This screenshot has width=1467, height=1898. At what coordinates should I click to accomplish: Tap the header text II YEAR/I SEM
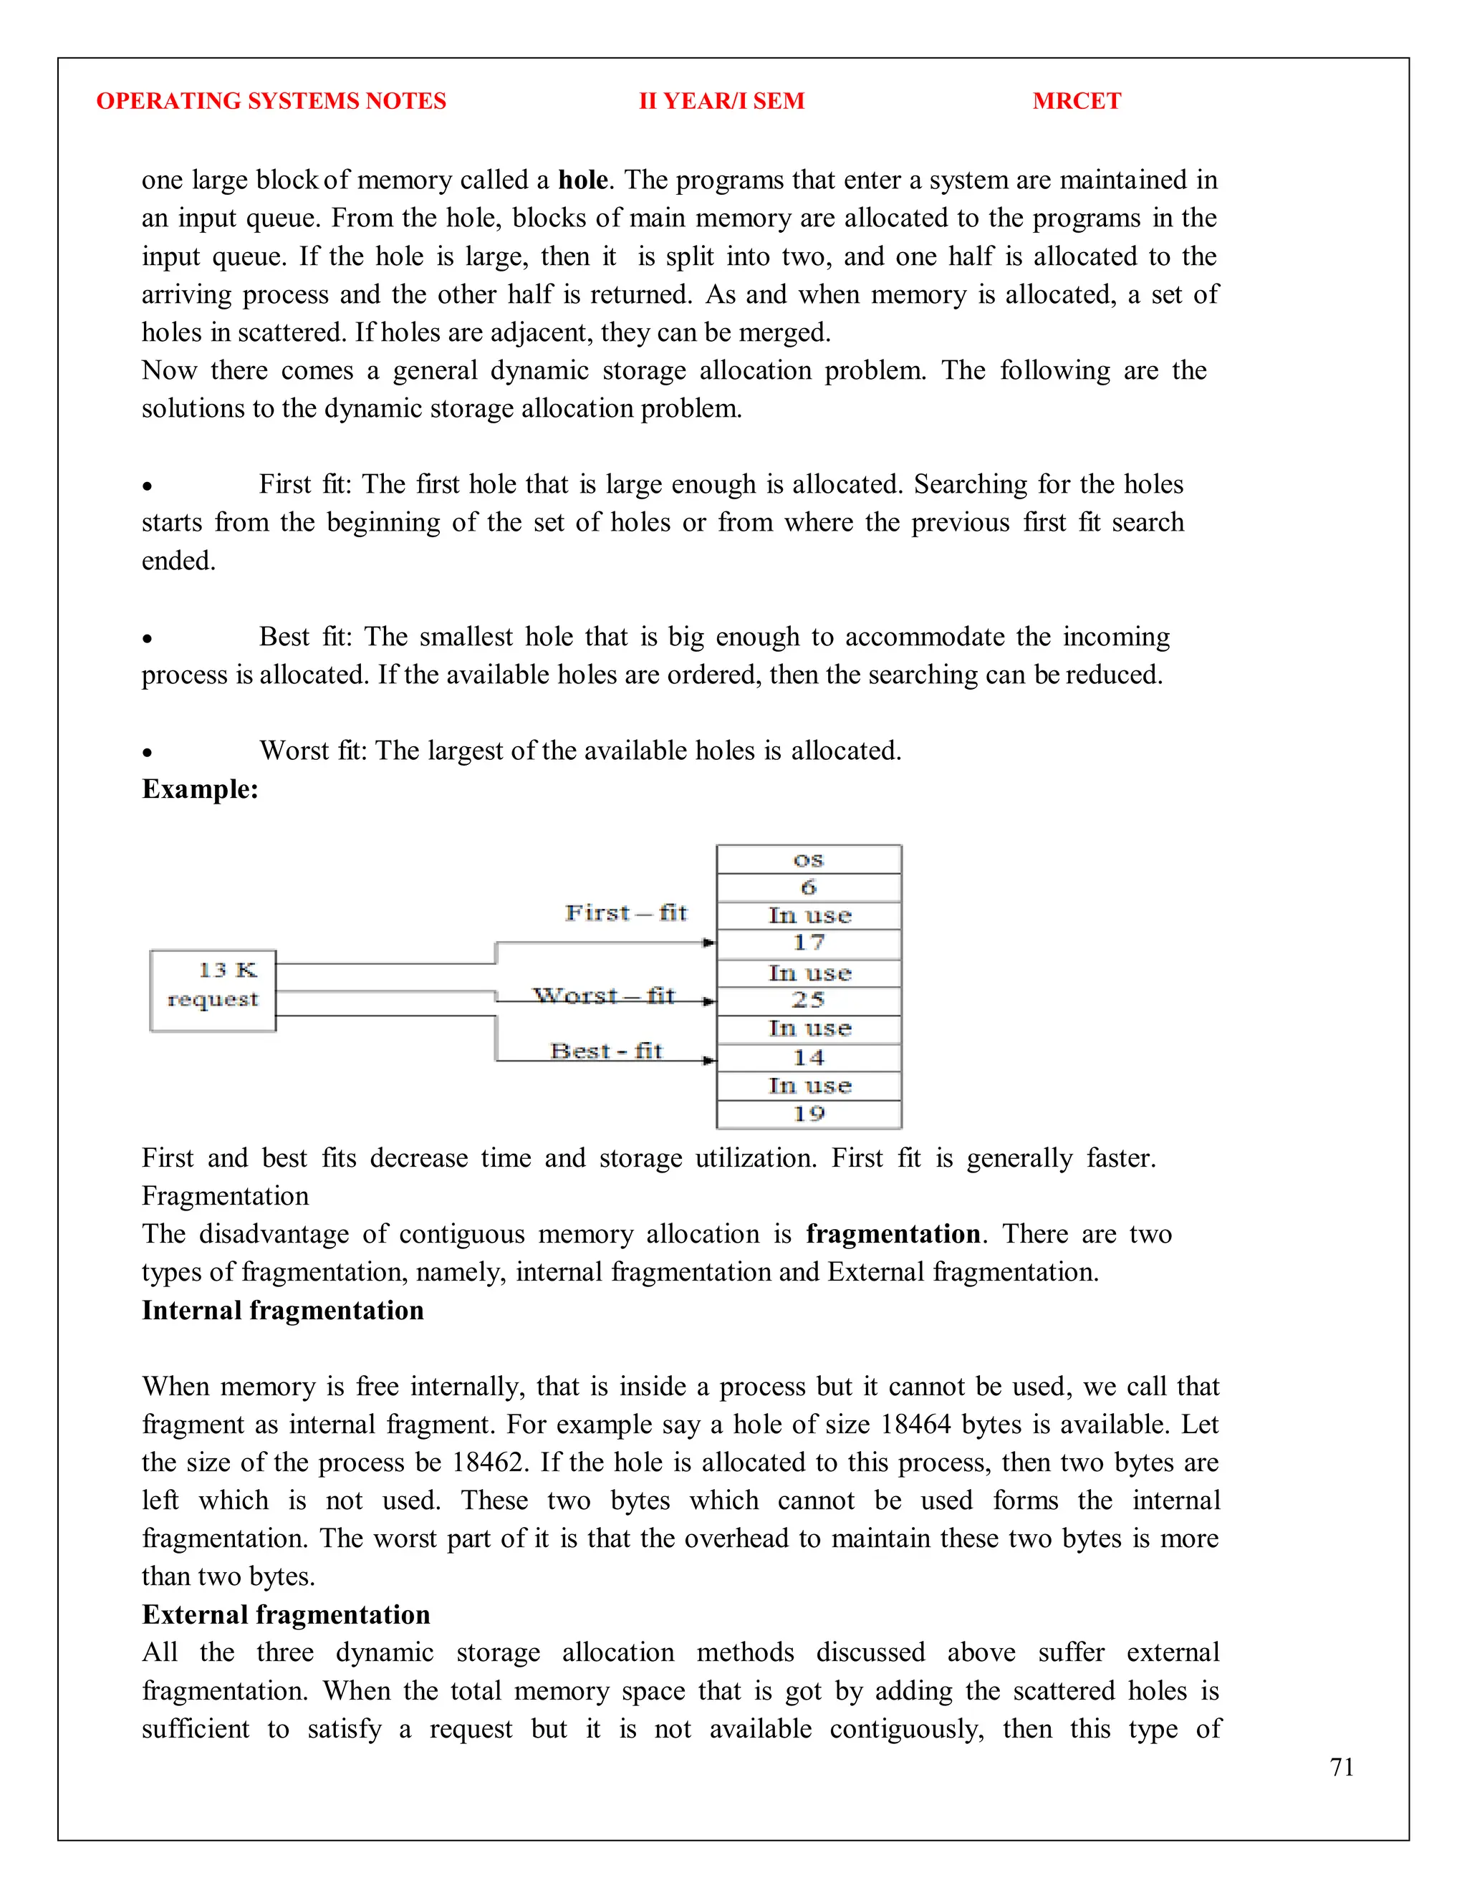coord(721,101)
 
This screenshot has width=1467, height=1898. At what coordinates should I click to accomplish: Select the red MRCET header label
coord(1076,101)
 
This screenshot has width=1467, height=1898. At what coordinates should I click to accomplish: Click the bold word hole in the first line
coord(582,180)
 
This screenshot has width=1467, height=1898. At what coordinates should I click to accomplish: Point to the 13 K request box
coord(213,990)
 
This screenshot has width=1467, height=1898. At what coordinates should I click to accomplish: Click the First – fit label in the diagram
coord(626,912)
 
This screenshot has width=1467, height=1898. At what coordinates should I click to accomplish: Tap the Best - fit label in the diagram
coord(606,1051)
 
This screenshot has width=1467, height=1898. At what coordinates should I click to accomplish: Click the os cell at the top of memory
coord(808,859)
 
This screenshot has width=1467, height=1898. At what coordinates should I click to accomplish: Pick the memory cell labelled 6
coord(808,887)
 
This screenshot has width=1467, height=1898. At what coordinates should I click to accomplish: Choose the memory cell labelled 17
coord(808,943)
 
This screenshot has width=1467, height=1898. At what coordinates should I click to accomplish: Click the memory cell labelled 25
coord(808,1001)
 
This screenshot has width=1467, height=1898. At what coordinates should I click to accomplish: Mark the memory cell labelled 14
coord(808,1058)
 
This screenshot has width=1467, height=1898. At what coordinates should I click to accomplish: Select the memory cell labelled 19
coord(808,1114)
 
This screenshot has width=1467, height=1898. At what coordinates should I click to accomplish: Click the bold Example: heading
coord(200,789)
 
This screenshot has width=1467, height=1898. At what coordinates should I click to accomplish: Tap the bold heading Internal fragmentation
coord(282,1311)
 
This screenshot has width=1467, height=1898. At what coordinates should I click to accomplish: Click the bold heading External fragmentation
coord(286,1614)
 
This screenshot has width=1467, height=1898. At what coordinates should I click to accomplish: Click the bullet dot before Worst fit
coord(148,753)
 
